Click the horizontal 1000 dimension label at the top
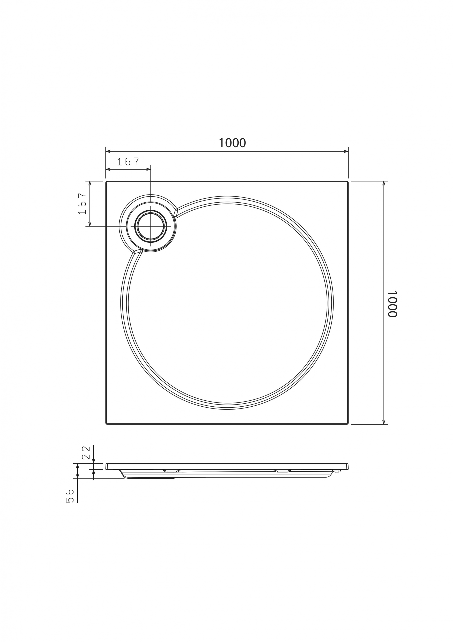[232, 143]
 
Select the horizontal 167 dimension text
[128, 162]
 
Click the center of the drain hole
[151, 226]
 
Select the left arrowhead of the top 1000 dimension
[108, 152]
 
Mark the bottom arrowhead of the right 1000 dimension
[384, 430]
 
